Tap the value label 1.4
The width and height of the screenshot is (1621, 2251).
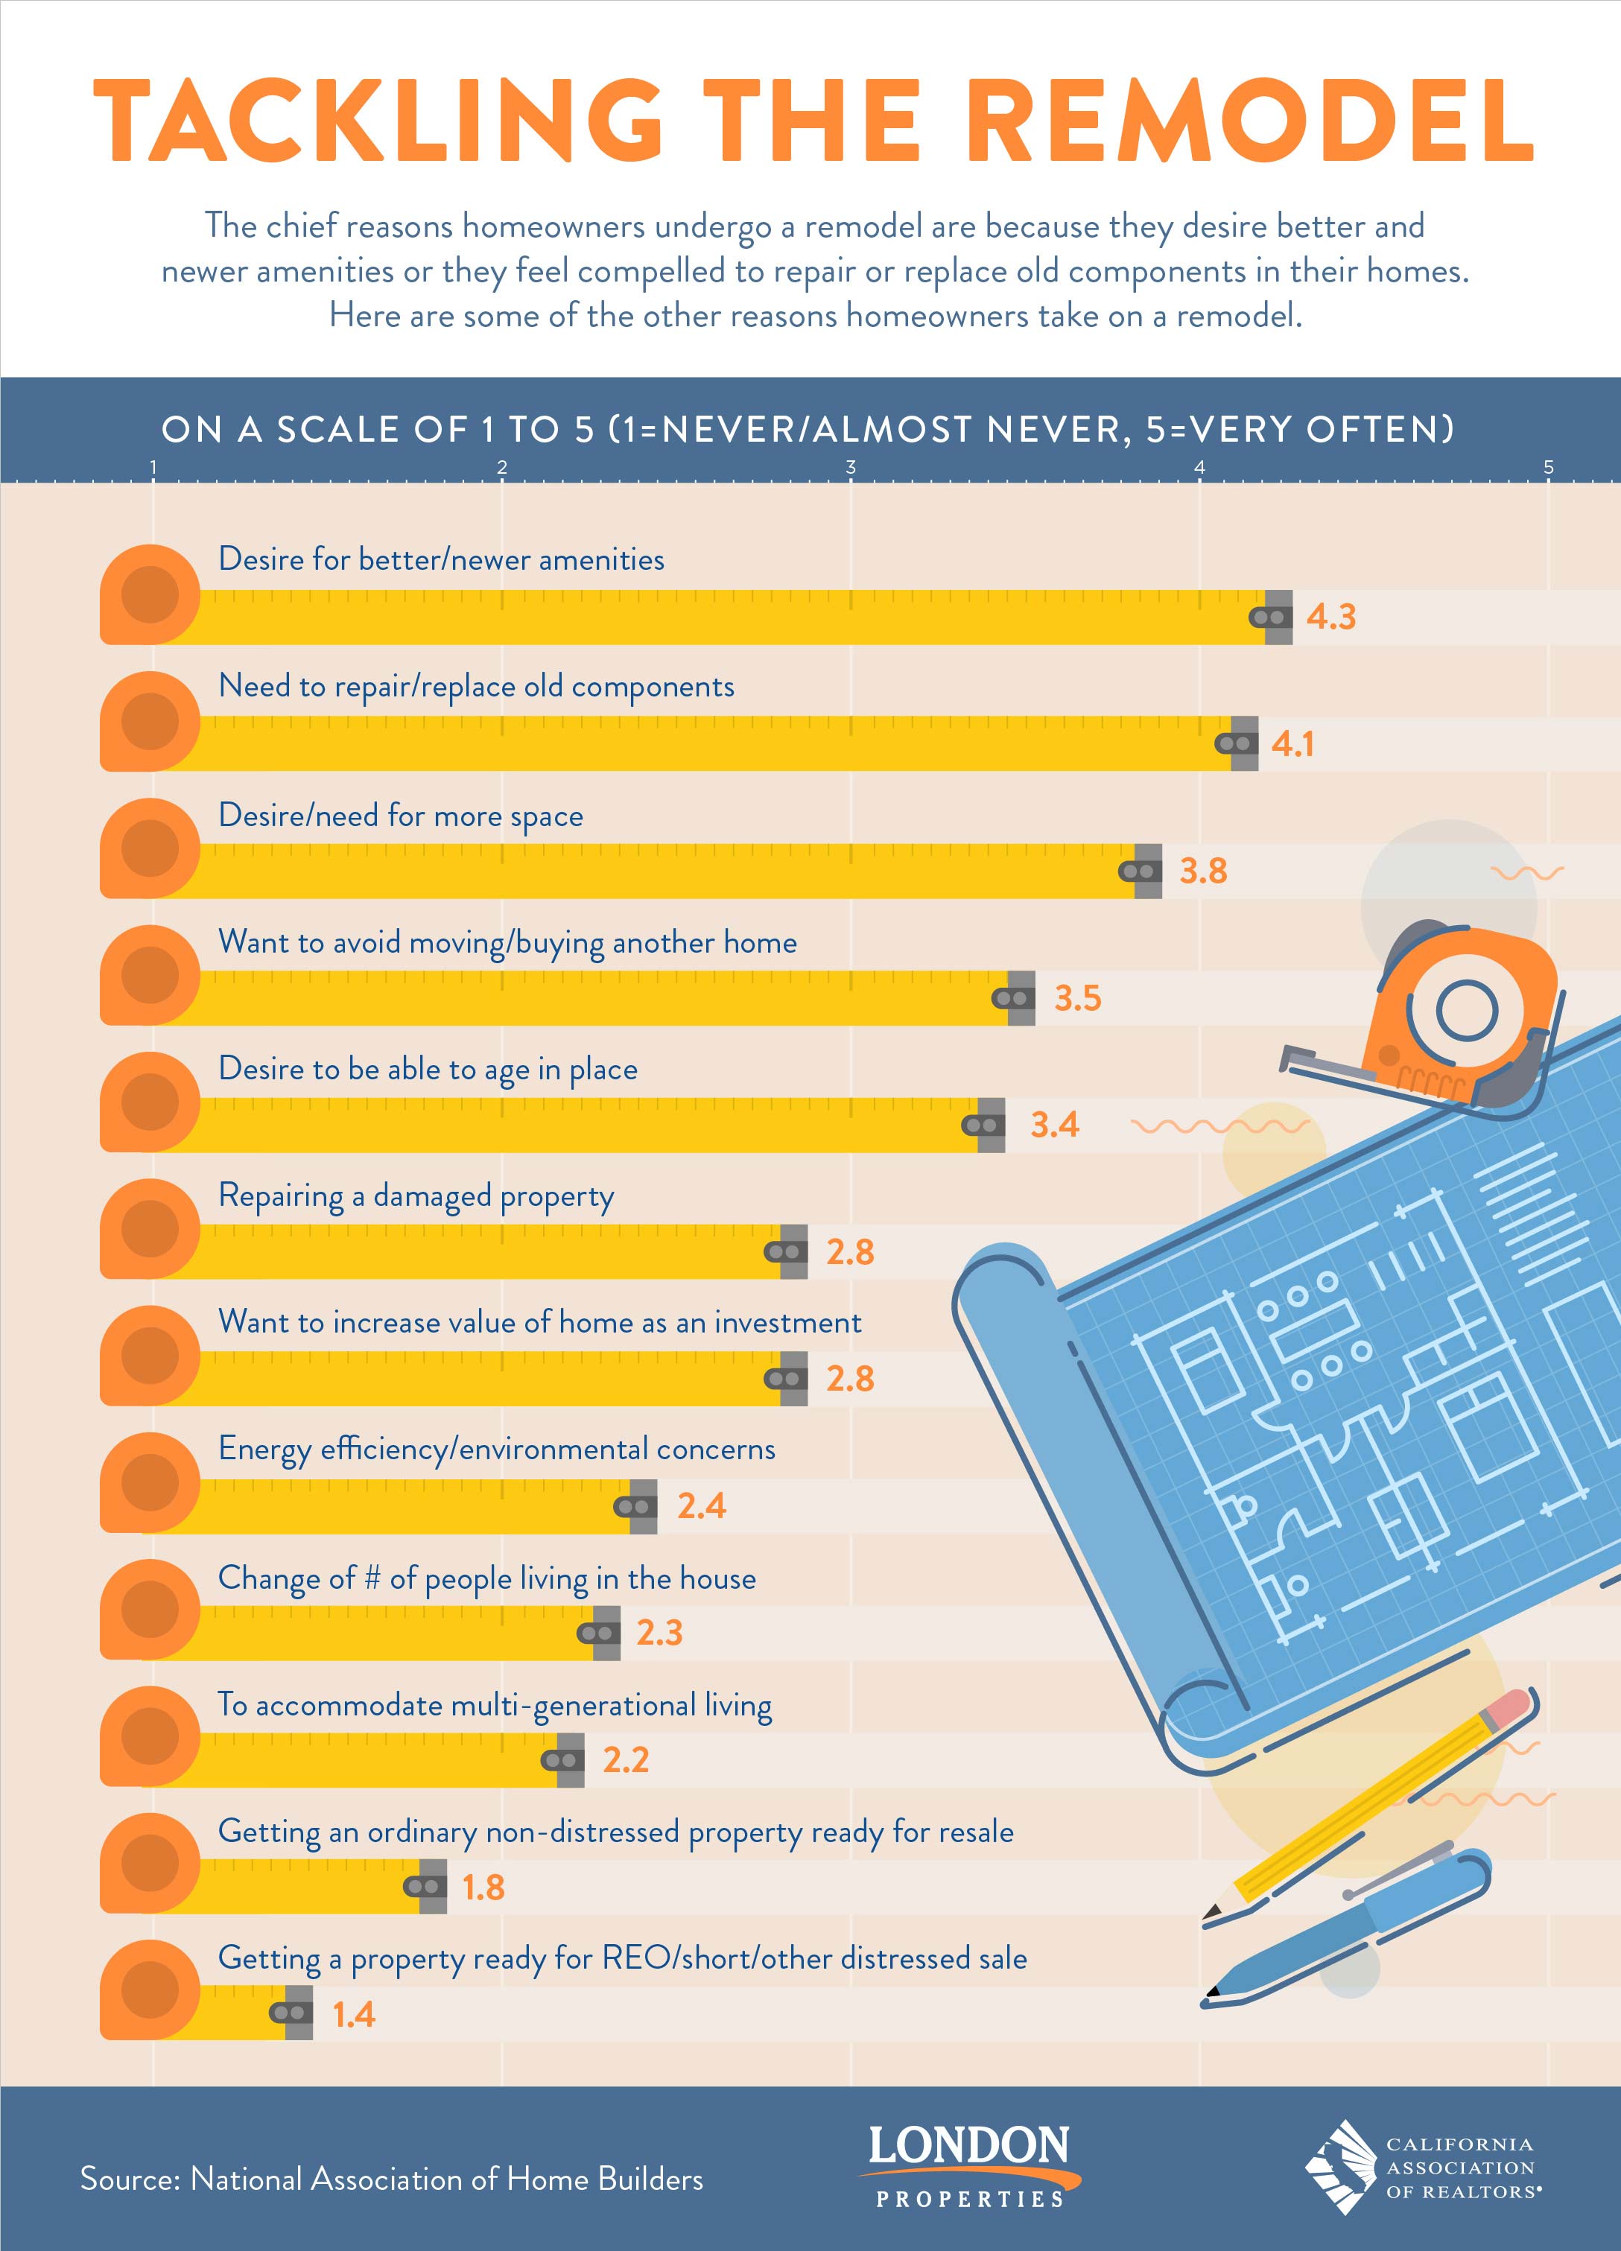(353, 2014)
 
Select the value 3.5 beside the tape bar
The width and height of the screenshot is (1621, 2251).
(1077, 997)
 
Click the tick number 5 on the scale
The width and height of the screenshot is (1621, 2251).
(1547, 468)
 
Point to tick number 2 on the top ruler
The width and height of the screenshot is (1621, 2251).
(502, 468)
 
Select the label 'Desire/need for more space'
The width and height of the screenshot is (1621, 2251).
(400, 816)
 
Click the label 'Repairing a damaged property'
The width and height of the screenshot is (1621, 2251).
(416, 1196)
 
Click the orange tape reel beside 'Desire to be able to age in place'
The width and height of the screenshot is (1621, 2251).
(150, 1102)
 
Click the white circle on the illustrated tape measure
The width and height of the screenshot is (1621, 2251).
(1466, 1012)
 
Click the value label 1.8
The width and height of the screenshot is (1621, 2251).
(483, 1887)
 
